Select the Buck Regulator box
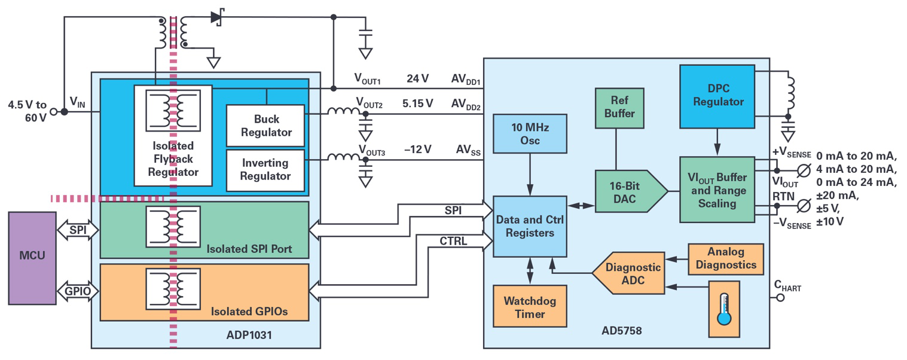[x=266, y=125]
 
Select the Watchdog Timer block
[x=530, y=306]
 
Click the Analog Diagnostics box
[x=726, y=258]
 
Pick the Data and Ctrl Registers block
[x=530, y=226]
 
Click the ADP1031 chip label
[x=249, y=335]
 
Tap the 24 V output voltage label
[x=418, y=79]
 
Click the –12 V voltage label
[x=417, y=150]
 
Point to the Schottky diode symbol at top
[x=217, y=17]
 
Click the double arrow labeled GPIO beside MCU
[x=78, y=291]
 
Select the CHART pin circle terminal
[x=780, y=297]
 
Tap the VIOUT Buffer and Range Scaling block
[x=717, y=190]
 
